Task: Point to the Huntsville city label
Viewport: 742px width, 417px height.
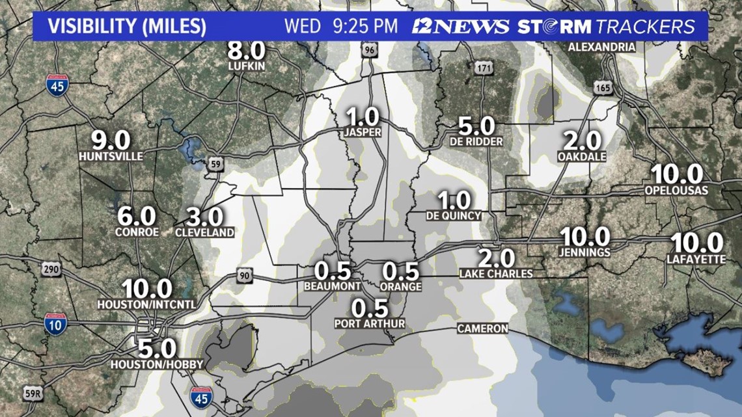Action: coord(111,157)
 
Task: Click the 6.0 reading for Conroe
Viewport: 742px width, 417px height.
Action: coord(137,216)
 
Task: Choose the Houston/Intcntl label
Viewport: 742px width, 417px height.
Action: coord(146,304)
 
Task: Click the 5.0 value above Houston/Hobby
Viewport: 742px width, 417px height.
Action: coord(156,348)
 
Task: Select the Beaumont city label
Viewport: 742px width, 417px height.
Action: coord(333,286)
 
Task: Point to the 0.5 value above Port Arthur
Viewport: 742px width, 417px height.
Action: coord(370,307)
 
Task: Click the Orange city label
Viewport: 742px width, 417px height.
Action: coord(402,286)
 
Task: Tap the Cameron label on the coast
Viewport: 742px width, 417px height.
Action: coord(482,329)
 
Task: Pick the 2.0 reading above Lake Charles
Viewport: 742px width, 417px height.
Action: coord(496,258)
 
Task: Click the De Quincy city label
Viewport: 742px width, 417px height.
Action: coord(454,216)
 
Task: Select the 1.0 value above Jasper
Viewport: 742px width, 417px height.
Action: coord(363,117)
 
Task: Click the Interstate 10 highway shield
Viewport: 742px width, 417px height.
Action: coord(55,324)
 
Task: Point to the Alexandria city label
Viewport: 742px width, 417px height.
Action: coord(601,47)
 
